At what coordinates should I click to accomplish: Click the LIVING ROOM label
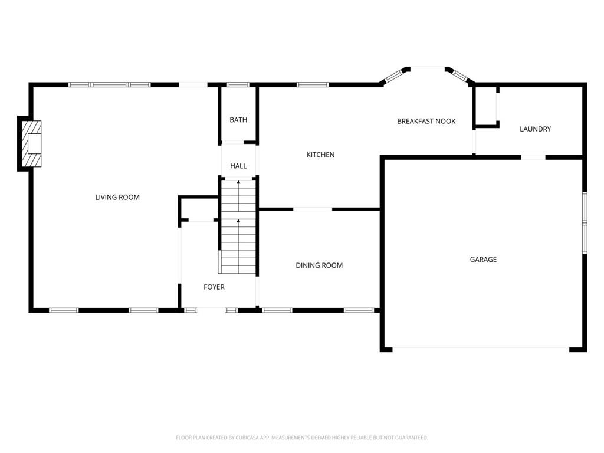[117, 197]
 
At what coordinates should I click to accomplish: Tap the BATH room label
[238, 120]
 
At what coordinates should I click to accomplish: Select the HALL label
[238, 166]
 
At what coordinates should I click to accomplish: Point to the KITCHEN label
[320, 155]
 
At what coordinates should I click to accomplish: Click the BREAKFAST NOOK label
[426, 122]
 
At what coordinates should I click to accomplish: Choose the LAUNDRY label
[536, 129]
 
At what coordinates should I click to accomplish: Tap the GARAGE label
[484, 260]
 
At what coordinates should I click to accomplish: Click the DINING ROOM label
[319, 265]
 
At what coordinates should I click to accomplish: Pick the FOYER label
[214, 287]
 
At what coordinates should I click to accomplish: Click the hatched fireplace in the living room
[32, 144]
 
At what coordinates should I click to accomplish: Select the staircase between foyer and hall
[238, 226]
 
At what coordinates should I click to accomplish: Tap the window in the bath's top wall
[238, 85]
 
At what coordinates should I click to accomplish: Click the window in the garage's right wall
[585, 222]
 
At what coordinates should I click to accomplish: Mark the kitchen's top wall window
[313, 85]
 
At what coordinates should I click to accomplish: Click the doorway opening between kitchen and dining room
[313, 209]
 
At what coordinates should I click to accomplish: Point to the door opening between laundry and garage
[533, 157]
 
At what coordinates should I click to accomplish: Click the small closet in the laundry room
[486, 106]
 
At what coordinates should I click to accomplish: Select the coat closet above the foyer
[199, 209]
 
